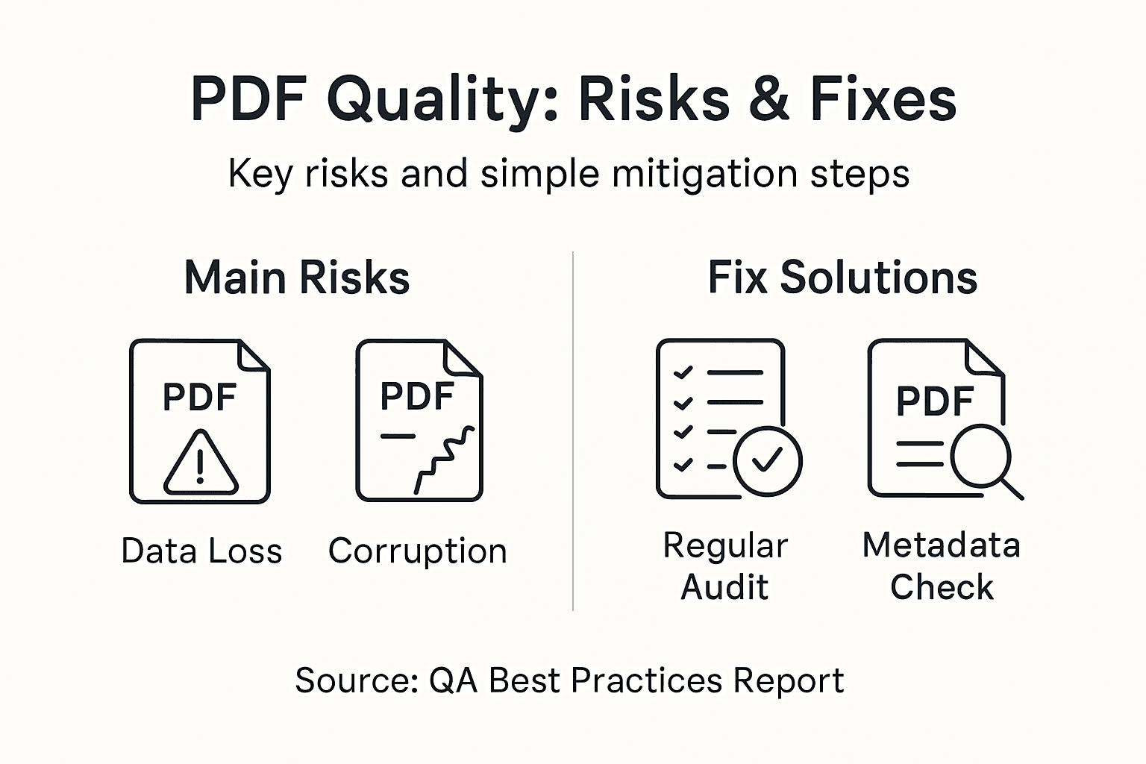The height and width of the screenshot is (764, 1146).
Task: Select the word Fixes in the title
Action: pyautogui.click(x=883, y=99)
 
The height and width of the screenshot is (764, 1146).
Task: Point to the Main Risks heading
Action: pyautogui.click(x=297, y=278)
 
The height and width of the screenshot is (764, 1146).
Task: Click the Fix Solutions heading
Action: pyautogui.click(x=842, y=278)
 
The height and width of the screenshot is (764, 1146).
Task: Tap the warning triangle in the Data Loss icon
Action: pyautogui.click(x=200, y=464)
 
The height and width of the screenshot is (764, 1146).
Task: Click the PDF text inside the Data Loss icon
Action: pyautogui.click(x=199, y=398)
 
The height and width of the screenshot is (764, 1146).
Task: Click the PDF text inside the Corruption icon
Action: pyautogui.click(x=417, y=396)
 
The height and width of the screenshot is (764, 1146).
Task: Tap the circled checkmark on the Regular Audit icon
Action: pyautogui.click(x=767, y=461)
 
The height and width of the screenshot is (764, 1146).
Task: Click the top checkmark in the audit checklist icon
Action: pyautogui.click(x=683, y=372)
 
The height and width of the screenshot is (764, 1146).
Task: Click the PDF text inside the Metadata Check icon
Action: pyautogui.click(x=935, y=401)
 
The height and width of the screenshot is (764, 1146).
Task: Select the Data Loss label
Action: pyautogui.click(x=201, y=551)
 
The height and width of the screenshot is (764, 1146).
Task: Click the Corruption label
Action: pyautogui.click(x=418, y=551)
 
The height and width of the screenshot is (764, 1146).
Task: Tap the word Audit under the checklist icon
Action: pyautogui.click(x=724, y=587)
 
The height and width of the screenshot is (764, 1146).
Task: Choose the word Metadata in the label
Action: pyautogui.click(x=941, y=545)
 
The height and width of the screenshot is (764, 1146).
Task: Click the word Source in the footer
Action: pyautogui.click(x=355, y=680)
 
